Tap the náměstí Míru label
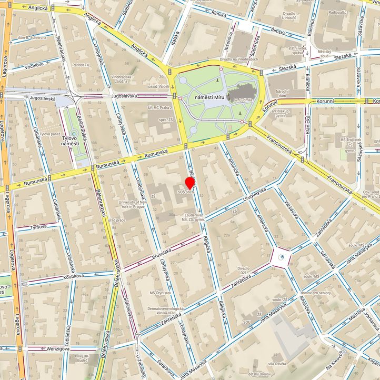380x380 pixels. point(208,98)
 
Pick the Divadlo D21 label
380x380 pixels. point(243,271)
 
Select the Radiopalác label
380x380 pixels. point(337,12)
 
